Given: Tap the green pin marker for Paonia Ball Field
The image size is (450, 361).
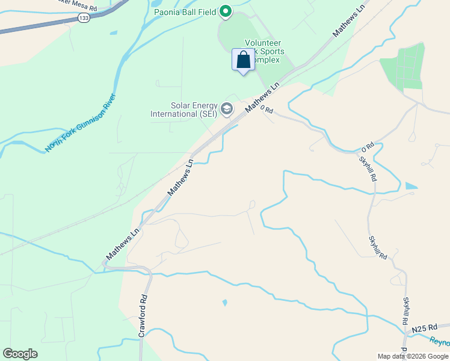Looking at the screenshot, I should tap(225, 11).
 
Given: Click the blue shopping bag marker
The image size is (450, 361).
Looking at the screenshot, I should tap(243, 61).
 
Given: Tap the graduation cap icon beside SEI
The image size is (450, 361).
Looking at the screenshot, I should tap(227, 109).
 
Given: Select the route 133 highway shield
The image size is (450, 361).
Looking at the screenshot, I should tap(84, 19).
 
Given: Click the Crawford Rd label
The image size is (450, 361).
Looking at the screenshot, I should tap(143, 315).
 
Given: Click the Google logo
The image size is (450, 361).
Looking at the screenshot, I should tap(20, 354).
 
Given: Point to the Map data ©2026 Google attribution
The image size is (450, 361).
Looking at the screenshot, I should tap(413, 356).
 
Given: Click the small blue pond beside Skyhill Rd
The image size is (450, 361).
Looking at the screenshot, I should tap(411, 186).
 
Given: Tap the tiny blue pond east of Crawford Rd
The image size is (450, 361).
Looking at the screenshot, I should tap(224, 303).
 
